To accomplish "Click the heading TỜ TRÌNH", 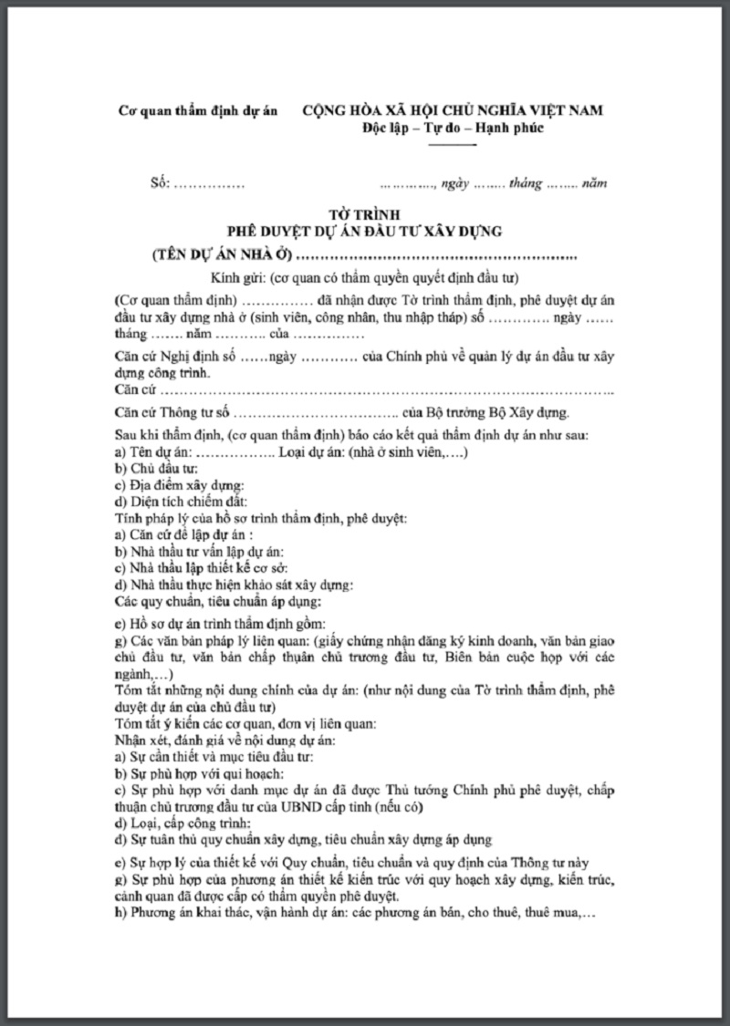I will pyautogui.click(x=364, y=213).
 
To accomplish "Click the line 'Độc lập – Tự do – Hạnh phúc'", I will pyautogui.click(x=452, y=128).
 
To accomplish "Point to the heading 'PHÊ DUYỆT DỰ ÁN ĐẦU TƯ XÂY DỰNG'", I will pyautogui.click(x=365, y=230).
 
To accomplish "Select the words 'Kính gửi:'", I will pyautogui.click(x=238, y=278).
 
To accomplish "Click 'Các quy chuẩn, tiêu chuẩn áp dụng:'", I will pyautogui.click(x=218, y=602).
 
